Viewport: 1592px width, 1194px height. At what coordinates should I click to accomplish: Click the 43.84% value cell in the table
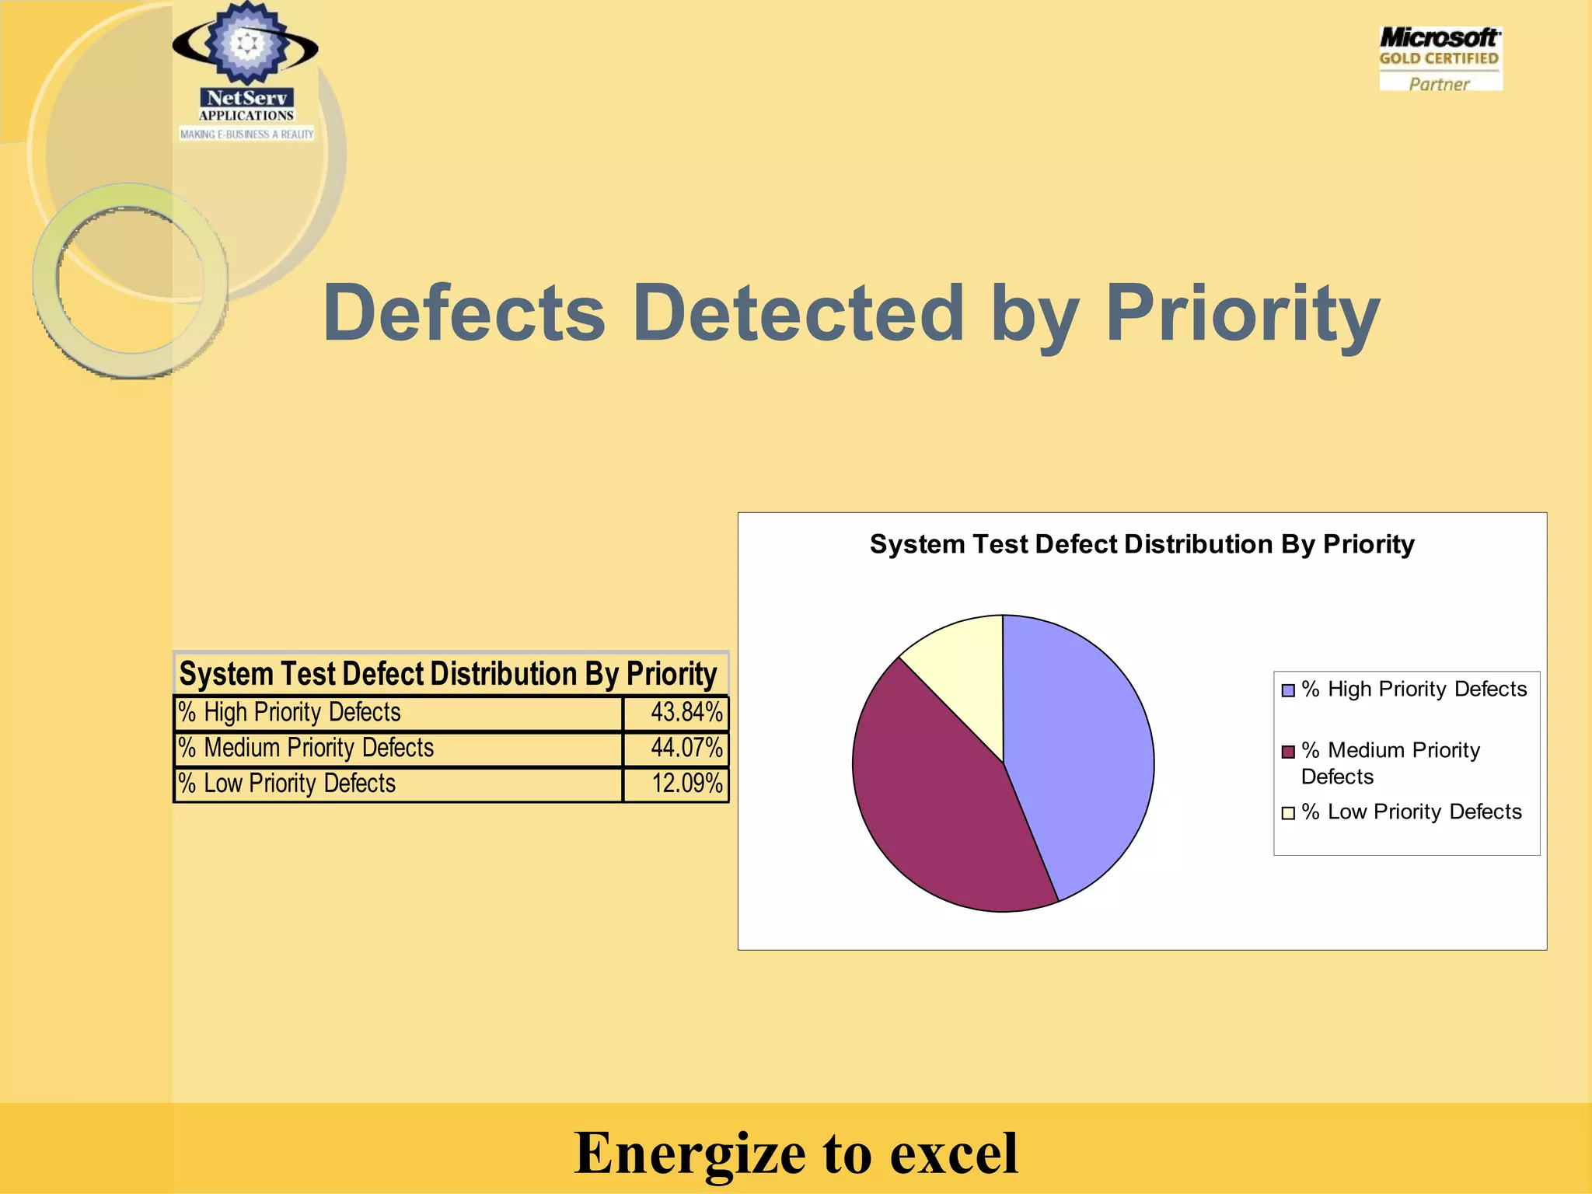(676, 713)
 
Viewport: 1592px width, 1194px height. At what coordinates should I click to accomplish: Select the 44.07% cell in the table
(676, 749)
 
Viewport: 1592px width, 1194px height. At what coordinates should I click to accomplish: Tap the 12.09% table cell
(676, 784)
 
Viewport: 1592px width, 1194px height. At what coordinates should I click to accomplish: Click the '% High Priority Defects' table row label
(398, 713)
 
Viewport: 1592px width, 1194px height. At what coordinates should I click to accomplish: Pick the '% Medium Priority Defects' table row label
(398, 749)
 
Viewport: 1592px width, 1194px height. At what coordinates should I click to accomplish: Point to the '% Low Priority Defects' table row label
(398, 784)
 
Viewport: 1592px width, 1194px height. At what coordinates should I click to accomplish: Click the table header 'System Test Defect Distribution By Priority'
(449, 674)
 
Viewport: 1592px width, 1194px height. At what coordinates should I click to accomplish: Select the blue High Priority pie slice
(1081, 746)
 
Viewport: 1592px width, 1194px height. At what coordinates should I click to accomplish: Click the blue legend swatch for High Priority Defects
(1288, 690)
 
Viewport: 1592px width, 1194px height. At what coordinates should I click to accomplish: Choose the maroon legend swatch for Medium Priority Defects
(1288, 752)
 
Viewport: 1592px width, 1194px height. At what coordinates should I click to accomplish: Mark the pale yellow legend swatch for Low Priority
(1288, 813)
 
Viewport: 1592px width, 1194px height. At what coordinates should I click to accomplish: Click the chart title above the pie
(1141, 544)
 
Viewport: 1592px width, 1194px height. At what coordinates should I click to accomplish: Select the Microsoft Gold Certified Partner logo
(1440, 59)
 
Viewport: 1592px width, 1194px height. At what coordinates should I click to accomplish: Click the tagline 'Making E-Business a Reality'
(246, 134)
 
